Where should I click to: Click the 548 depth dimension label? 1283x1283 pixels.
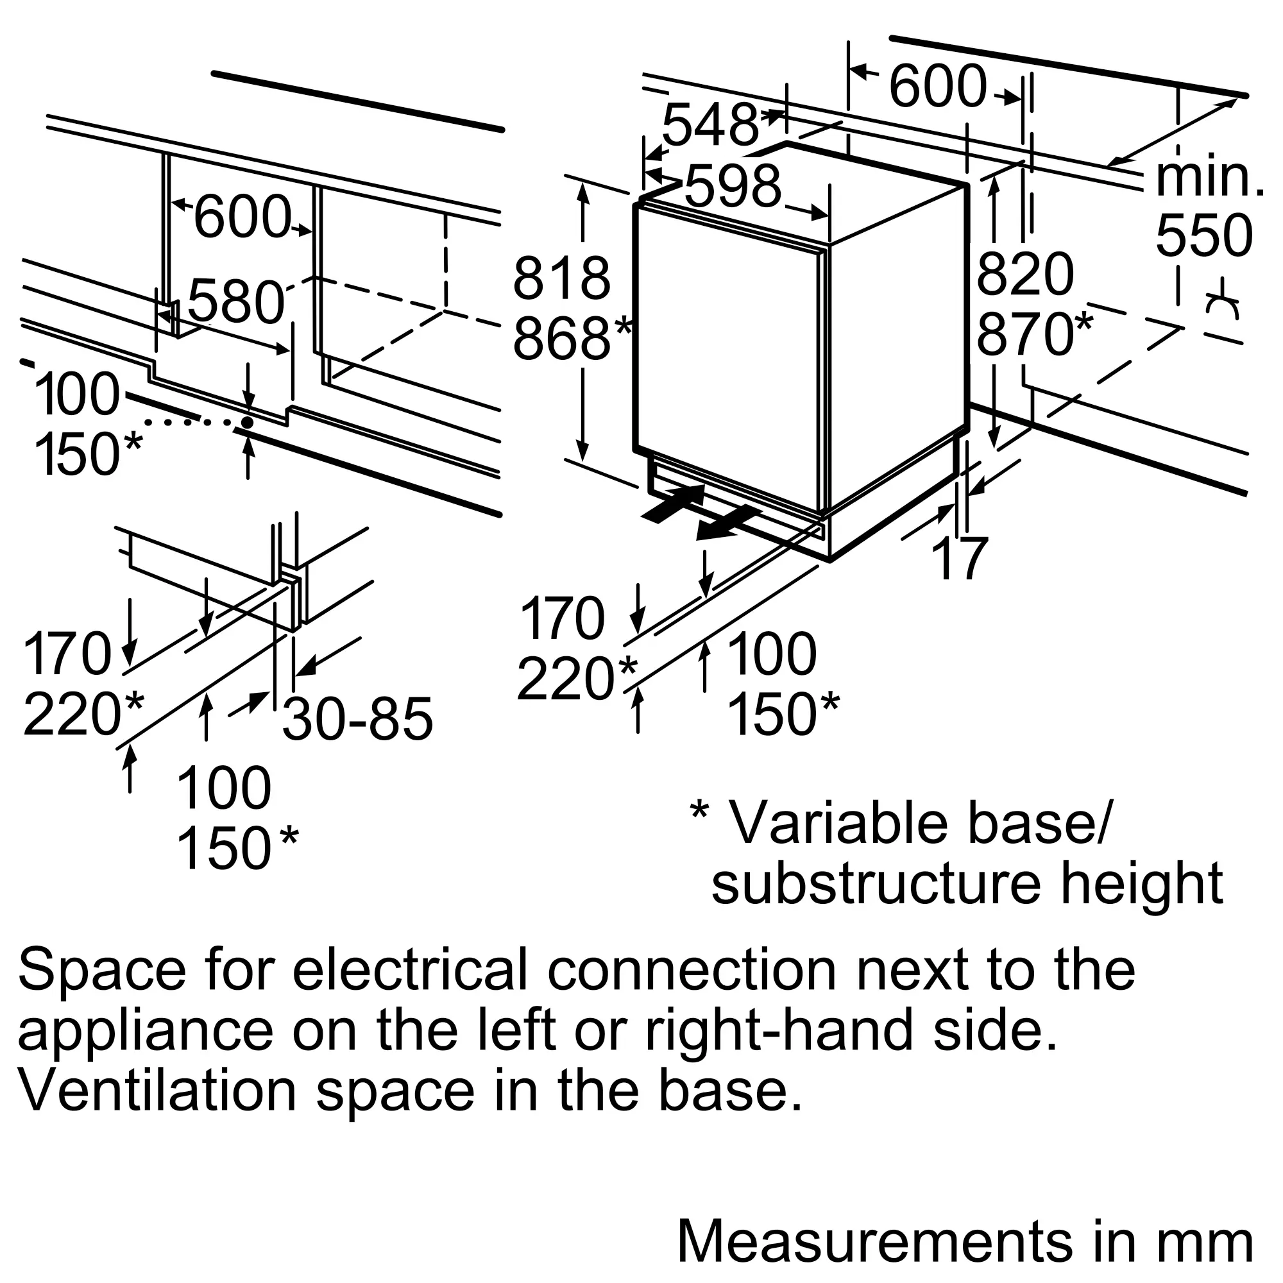(709, 126)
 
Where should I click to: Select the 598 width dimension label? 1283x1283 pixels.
(733, 186)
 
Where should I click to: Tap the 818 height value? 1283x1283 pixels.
(561, 279)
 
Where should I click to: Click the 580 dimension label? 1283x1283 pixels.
(235, 302)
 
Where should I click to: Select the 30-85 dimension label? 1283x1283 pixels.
(357, 718)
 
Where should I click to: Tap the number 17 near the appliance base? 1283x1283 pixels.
(960, 559)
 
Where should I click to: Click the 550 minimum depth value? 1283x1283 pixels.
(1204, 235)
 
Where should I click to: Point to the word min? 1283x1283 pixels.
(1209, 177)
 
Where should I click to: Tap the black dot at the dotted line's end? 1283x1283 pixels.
(247, 422)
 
